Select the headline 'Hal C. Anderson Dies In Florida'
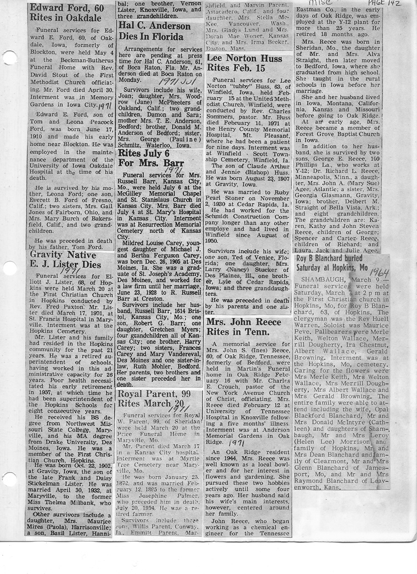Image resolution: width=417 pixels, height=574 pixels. (151, 31)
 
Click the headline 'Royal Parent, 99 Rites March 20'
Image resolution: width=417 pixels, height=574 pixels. (151, 398)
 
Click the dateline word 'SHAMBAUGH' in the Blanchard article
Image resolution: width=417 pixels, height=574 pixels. (318, 279)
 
